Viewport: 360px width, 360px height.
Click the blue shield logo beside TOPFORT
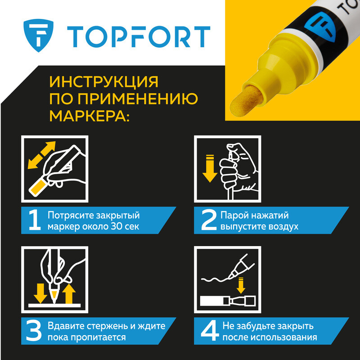pos(38,35)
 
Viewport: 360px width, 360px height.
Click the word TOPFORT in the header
pos(139,37)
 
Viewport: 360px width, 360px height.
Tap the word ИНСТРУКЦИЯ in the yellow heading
pos(104,82)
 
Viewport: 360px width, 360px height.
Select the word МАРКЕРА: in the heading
pos(89,116)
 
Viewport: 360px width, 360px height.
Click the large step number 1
pos(35,220)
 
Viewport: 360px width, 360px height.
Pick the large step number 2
pos(209,220)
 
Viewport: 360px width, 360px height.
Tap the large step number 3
pos(34,331)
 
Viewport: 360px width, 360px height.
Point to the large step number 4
pos(210,331)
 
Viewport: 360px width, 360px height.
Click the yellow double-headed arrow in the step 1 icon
pos(41,155)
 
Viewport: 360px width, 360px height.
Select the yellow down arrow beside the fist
pos(210,168)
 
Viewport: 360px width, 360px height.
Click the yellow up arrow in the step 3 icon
pos(69,294)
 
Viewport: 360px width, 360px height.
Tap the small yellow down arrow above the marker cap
pos(241,285)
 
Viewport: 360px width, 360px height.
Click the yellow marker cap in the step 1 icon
pos(37,187)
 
